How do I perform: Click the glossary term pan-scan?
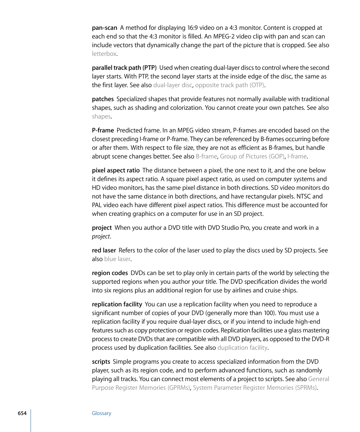click(105, 28)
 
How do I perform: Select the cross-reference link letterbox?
click(104, 54)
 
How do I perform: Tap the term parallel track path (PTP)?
click(124, 68)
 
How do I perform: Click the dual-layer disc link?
click(172, 85)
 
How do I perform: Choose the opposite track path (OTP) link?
click(229, 85)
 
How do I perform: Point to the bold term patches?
click(103, 99)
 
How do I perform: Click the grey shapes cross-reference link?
click(101, 117)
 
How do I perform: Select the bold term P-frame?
click(103, 131)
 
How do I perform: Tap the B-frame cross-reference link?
click(206, 157)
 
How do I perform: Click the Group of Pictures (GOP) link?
click(252, 157)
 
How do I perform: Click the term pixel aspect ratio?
click(115, 171)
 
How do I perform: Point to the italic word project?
click(101, 237)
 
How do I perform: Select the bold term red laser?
click(104, 251)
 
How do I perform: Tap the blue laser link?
click(117, 259)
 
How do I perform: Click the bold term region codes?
click(110, 273)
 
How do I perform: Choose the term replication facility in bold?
click(117, 304)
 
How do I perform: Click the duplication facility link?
click(242, 348)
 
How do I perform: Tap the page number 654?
click(22, 414)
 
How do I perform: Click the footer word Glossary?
click(102, 414)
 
